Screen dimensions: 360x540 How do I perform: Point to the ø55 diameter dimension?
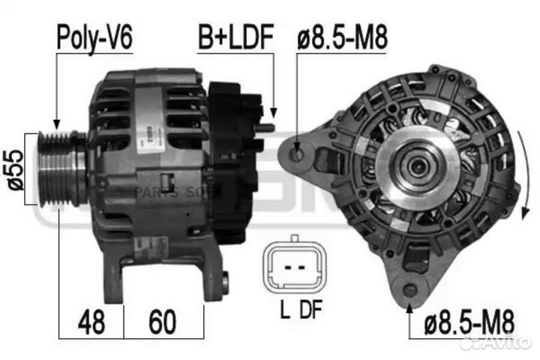click(x=15, y=169)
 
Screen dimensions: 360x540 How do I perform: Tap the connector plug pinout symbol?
click(x=294, y=265)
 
